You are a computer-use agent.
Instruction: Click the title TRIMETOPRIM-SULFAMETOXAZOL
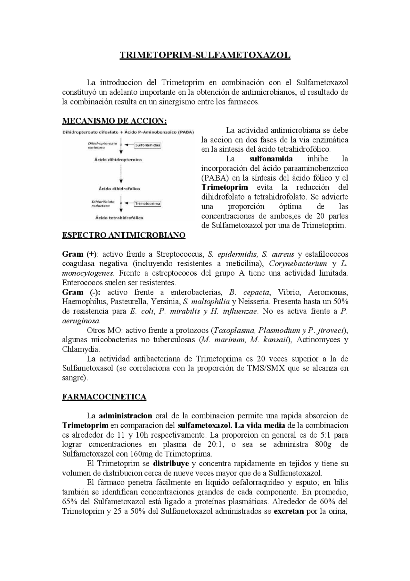point(205,55)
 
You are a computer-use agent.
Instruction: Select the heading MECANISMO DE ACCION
point(114,121)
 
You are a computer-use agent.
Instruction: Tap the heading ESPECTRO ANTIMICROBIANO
point(124,235)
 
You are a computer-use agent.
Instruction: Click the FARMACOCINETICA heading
point(104,397)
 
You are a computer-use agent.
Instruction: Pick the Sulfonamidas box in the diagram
point(147,145)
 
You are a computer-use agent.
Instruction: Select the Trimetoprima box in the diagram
point(147,204)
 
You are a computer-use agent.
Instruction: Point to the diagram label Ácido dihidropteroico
point(118,159)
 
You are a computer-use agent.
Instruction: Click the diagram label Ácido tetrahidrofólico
point(119,218)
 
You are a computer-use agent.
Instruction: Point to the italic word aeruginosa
point(81,321)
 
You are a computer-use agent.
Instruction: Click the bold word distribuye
point(171,464)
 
